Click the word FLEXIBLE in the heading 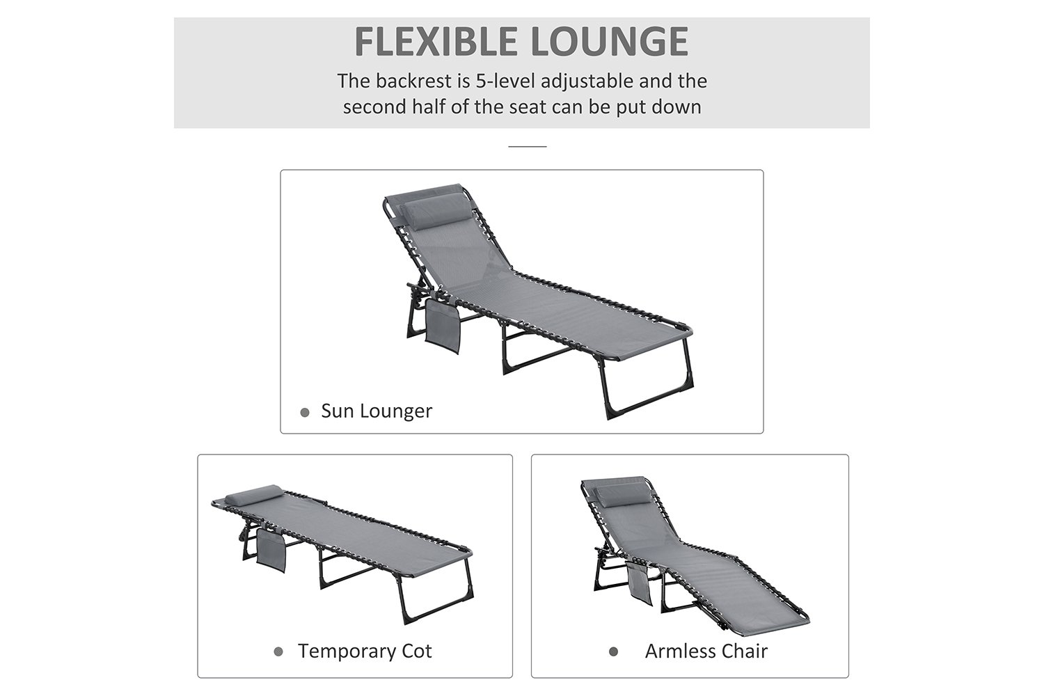coord(436,42)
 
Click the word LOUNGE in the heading coord(610,42)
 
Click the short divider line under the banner coord(527,146)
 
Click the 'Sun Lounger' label coord(377,411)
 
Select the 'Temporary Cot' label coord(365,651)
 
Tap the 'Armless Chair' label coord(706,651)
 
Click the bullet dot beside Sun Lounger coord(305,413)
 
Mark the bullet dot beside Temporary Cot coord(278,651)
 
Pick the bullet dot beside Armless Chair coord(613,651)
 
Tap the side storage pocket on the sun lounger coord(443,326)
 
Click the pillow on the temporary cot coord(253,493)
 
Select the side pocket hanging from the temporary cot coord(271,551)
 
